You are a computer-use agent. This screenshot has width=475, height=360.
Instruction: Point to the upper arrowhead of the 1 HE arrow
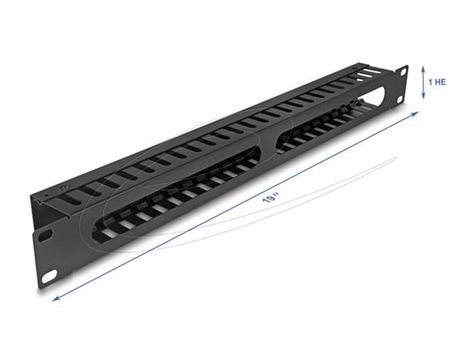[425, 67]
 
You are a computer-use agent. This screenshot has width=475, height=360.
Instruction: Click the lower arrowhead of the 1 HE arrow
[425, 98]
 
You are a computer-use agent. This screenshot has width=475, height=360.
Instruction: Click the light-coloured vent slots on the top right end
[369, 74]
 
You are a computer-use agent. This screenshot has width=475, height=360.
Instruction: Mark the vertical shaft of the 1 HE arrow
[425, 82]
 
